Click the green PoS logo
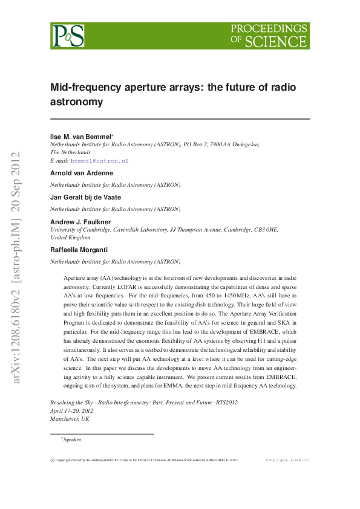click(68, 36)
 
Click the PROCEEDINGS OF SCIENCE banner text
click(269, 36)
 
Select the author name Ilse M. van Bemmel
click(79, 137)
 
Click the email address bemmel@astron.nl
click(100, 161)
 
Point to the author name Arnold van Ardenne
click(81, 173)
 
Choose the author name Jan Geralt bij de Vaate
click(85, 198)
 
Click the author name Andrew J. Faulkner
click(80, 222)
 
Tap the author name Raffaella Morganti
click(80, 250)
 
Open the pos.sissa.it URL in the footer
click(288, 460)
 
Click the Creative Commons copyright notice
click(145, 460)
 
